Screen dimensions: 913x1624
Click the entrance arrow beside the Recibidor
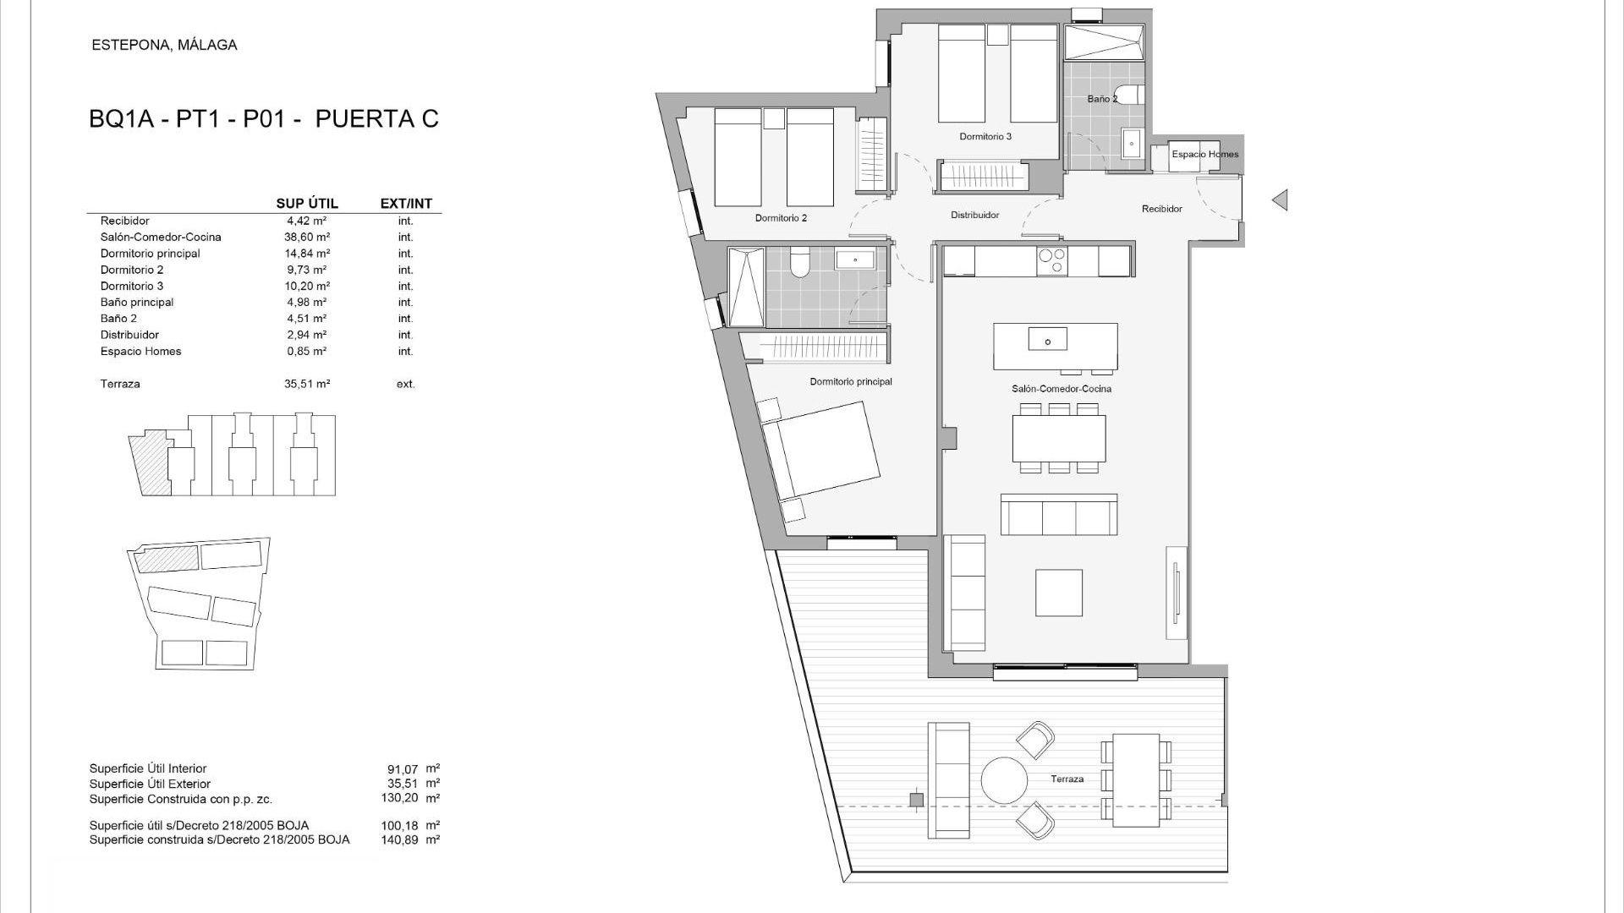(1281, 200)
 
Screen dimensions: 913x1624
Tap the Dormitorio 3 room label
(985, 136)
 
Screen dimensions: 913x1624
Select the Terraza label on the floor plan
(1067, 779)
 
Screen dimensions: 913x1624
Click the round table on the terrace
(1004, 779)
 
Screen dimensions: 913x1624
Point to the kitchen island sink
(1047, 340)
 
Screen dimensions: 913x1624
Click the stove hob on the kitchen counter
(1052, 261)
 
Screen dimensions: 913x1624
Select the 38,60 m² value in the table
(307, 238)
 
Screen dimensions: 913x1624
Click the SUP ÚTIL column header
(307, 204)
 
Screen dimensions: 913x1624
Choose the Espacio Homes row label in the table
(140, 352)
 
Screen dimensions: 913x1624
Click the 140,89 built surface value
(399, 840)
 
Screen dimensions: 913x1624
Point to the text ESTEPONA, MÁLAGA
(164, 46)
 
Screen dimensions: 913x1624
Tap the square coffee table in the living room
(1058, 593)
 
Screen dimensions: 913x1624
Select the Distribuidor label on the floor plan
(974, 216)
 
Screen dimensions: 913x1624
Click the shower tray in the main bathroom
(746, 287)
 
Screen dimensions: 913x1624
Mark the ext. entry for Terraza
(405, 384)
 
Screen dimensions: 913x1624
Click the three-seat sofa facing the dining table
(1058, 515)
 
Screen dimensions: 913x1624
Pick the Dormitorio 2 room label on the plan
(781, 218)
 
